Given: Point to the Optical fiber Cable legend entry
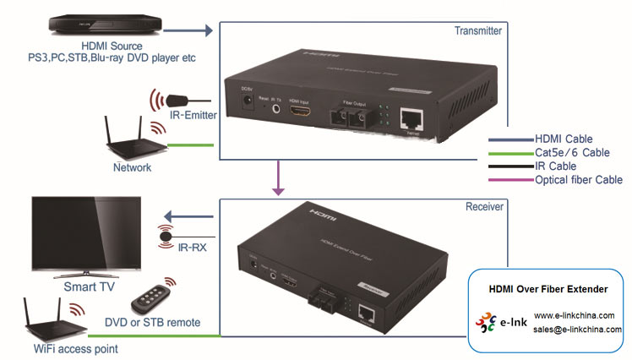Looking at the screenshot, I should click(x=578, y=179).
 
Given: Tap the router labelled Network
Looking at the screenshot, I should click(x=127, y=140).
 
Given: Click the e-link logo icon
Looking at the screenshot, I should click(x=491, y=323).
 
